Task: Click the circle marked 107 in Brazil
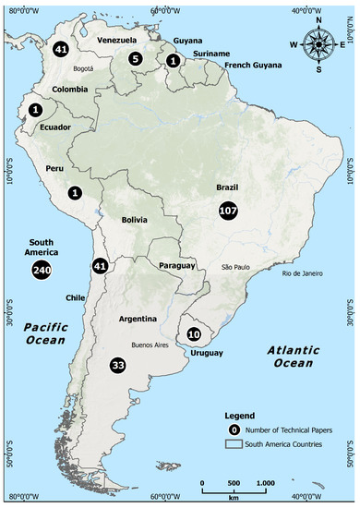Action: [228, 211]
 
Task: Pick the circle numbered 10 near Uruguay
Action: [195, 334]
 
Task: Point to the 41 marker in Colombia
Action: [61, 49]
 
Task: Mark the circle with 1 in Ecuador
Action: [35, 109]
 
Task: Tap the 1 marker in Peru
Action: [75, 193]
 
